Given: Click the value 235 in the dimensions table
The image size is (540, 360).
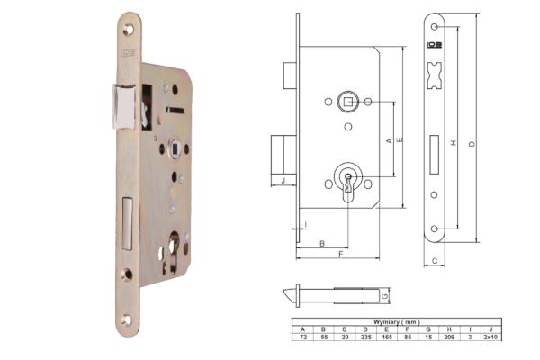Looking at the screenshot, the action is coord(365,337).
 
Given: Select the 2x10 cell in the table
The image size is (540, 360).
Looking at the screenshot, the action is coord(490,337).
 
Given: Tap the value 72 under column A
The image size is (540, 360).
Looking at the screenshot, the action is coord(303,337).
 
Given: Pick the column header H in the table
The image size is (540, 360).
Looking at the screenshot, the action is coord(449,329).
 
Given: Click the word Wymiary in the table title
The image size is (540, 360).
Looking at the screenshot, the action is coord(386,322).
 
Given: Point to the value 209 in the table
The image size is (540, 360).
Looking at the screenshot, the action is coord(449,337).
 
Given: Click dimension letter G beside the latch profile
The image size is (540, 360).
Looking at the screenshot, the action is coord(385,296).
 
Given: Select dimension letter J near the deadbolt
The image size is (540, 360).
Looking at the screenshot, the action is coord(283,181).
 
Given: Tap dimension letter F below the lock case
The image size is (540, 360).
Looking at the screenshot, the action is coord(340,254).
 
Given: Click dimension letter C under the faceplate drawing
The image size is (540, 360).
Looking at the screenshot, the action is coord(435,261).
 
